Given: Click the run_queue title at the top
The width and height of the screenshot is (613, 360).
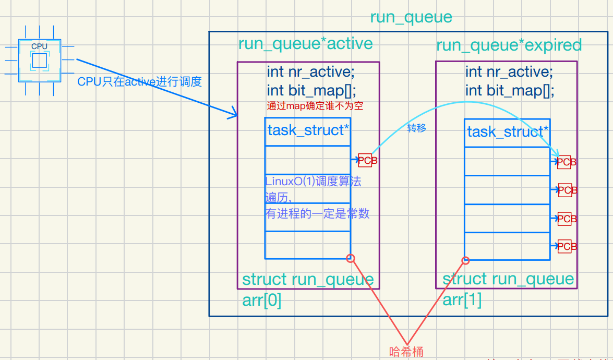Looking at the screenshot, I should tap(411, 17).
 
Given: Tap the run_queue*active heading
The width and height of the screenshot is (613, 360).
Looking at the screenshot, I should tap(305, 43).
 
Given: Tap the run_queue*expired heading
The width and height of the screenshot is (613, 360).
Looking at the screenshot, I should tap(509, 45).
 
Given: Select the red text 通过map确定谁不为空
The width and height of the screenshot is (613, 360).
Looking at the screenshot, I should tap(315, 105).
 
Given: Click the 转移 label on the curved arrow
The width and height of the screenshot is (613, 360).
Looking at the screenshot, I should tap(416, 128).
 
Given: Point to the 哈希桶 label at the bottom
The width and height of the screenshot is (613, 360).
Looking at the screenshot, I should tap(406, 352).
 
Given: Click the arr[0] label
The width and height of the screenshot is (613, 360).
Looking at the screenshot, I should tap(262, 301).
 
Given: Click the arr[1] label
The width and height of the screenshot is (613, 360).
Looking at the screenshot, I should tap(462, 300).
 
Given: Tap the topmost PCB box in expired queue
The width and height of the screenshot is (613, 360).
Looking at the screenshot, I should tap(567, 162).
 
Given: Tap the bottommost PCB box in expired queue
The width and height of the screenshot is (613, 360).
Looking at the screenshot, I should tap(567, 246).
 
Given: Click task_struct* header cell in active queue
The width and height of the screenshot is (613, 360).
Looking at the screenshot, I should tap(308, 130).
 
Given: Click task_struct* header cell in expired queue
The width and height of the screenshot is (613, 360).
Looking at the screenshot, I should tap(507, 132).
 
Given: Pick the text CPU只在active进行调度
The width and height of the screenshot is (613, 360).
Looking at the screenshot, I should tap(139, 82).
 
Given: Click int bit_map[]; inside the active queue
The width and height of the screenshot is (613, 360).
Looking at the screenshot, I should tap(311, 90).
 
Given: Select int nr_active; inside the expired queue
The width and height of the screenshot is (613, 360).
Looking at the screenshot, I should tap(509, 71).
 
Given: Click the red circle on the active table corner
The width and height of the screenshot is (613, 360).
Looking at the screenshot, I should tap(351, 258).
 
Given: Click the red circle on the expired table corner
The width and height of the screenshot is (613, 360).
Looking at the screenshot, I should tap(465, 260).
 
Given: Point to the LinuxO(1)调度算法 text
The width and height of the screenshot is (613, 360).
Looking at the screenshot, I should tap(313, 182).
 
